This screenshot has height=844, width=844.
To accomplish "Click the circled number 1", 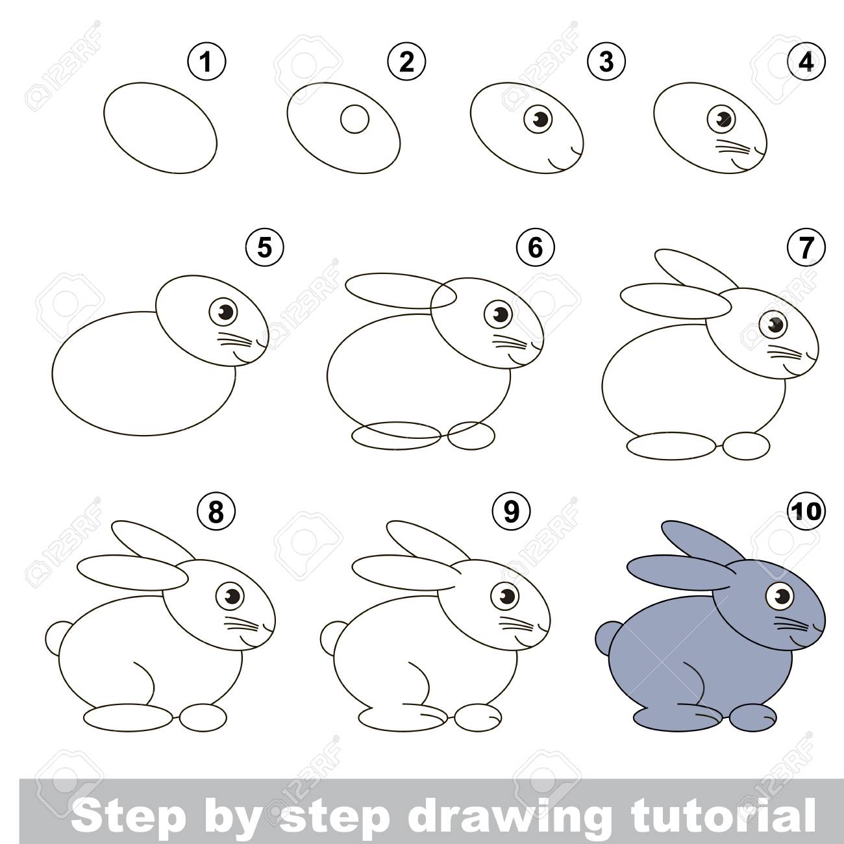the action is (x=206, y=62).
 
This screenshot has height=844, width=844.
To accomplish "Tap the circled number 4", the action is (x=806, y=62).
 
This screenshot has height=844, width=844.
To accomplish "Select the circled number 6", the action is (x=535, y=247).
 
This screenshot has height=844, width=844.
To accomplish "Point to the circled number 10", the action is (x=806, y=511).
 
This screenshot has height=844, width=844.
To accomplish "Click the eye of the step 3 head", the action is (x=538, y=118).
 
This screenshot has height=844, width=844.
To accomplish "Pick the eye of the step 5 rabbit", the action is (x=223, y=312).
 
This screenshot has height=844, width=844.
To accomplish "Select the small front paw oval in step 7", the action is (x=746, y=445).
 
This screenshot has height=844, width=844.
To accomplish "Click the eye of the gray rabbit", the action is (x=780, y=595).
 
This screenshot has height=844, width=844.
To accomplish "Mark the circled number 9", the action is (x=511, y=511).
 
